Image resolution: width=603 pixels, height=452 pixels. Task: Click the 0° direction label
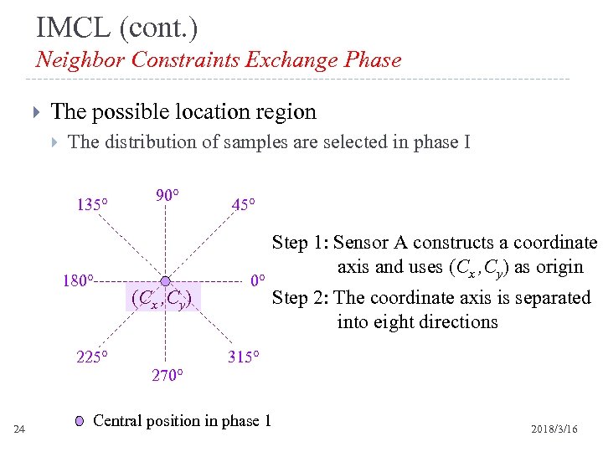pos(259,280)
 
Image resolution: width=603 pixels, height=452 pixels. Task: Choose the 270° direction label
pos(167,375)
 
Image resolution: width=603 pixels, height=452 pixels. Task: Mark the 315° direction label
pos(244,357)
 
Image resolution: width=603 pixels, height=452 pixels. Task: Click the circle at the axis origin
pos(166,280)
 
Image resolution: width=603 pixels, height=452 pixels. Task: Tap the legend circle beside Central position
pos(79,421)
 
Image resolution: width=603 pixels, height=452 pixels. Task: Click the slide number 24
pos(20,429)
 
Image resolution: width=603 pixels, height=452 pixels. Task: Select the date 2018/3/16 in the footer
pos(554,429)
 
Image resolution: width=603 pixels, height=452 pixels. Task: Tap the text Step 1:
pos(300,243)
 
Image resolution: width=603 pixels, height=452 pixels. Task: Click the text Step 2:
pos(301,298)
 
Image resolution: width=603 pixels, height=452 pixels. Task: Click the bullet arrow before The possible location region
pos(34,112)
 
